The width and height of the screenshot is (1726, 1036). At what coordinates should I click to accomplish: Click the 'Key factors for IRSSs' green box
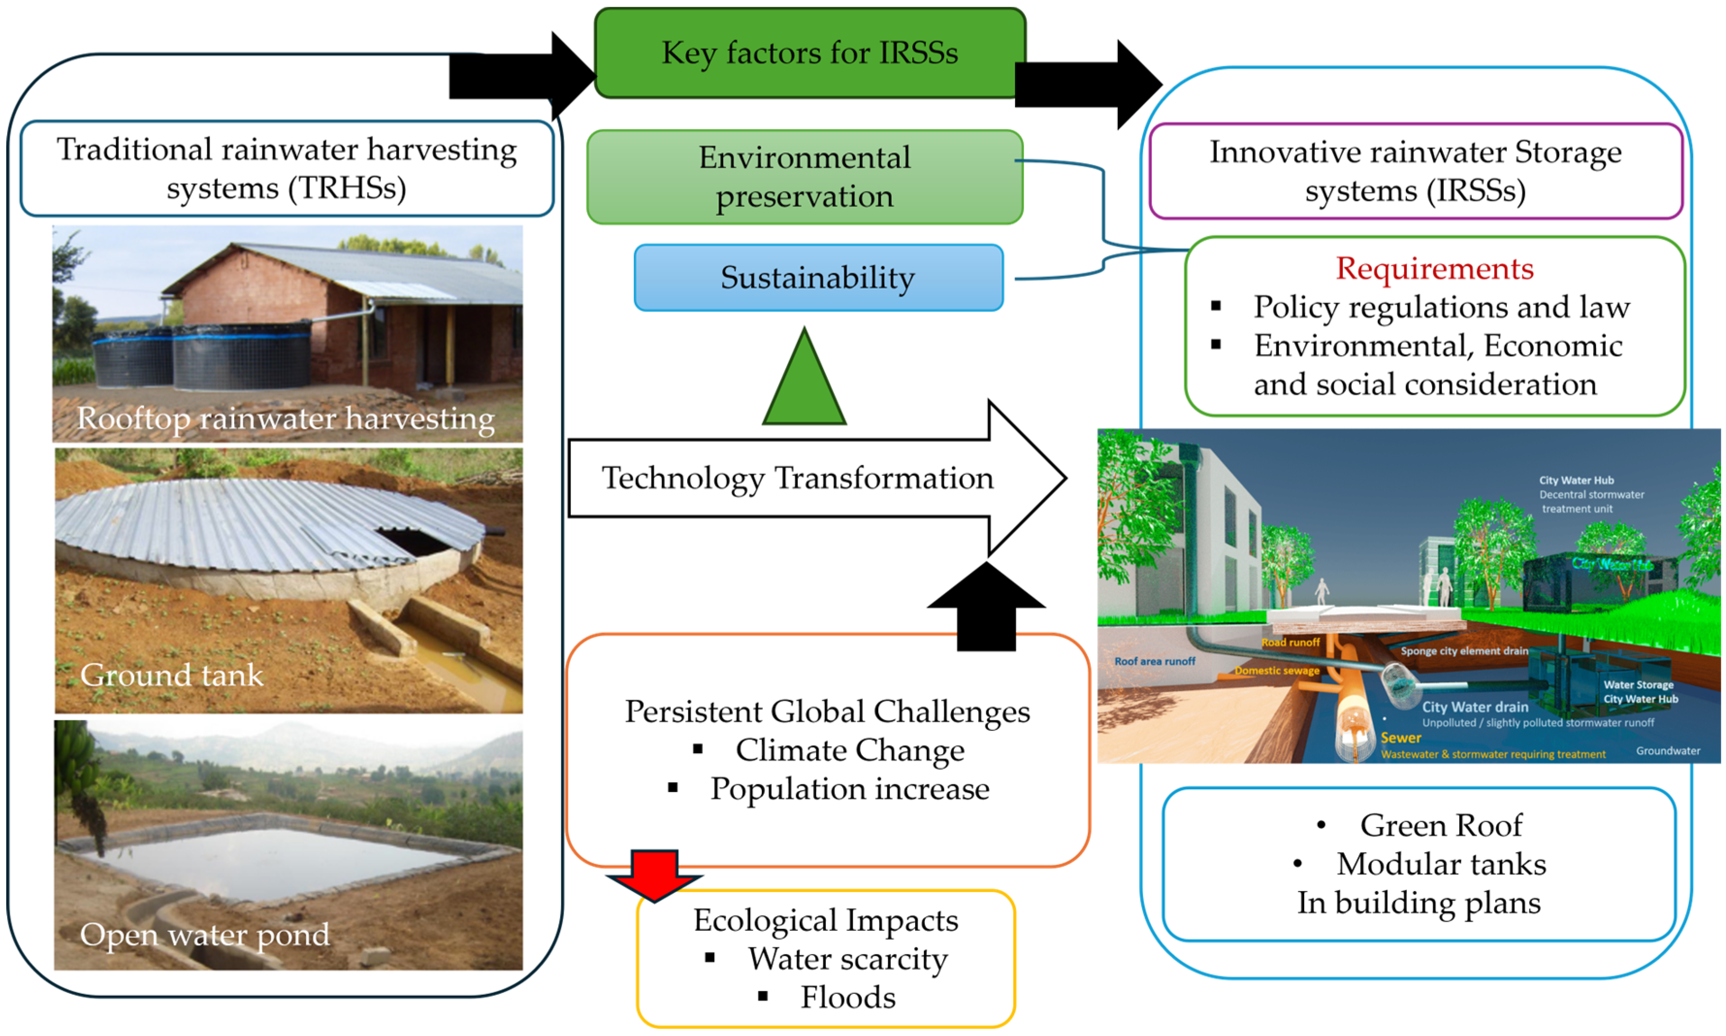(x=809, y=53)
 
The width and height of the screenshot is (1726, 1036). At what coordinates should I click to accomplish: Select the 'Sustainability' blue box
(x=818, y=278)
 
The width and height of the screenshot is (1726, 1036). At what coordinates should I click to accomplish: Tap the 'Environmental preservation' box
(x=805, y=177)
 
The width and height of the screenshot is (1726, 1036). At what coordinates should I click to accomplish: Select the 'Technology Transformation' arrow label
(x=797, y=478)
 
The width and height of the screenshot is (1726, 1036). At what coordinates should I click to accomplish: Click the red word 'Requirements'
(x=1434, y=269)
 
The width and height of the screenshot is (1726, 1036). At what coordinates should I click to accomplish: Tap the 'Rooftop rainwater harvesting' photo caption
(x=286, y=418)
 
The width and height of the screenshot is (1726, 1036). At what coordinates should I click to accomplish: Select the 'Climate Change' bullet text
(x=849, y=750)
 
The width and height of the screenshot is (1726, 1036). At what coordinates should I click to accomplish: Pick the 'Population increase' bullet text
(x=849, y=789)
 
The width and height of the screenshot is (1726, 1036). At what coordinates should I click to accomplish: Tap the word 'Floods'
(x=847, y=997)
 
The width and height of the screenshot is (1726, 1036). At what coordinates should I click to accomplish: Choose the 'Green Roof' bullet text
(x=1440, y=826)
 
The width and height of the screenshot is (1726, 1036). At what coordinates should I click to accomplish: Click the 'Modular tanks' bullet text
(x=1440, y=864)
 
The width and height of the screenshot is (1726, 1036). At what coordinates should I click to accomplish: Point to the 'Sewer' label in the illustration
(x=1400, y=738)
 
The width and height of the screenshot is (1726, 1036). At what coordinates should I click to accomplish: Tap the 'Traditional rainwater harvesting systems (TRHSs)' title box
(x=286, y=169)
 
